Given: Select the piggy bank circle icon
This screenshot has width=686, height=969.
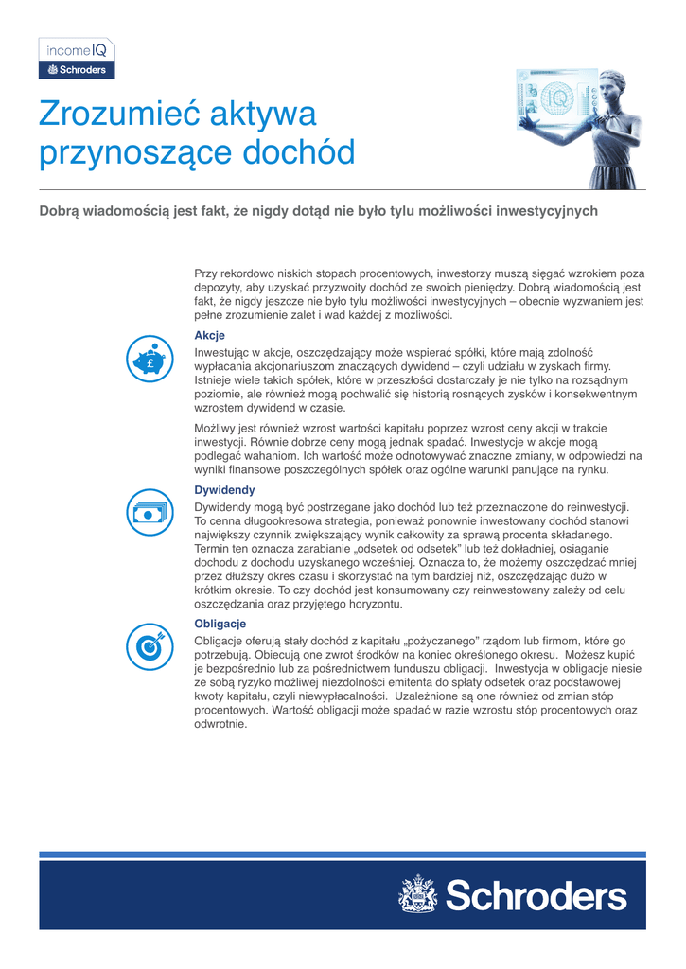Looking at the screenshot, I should click(x=147, y=358).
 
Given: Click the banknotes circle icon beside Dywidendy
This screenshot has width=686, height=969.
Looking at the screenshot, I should click(x=147, y=512).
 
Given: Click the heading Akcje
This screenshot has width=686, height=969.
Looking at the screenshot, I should click(x=209, y=335).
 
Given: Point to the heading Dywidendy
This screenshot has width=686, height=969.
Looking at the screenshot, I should click(x=224, y=490).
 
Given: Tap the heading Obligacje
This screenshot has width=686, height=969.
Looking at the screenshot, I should click(x=220, y=624).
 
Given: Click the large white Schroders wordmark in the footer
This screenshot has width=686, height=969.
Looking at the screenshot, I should click(x=536, y=894).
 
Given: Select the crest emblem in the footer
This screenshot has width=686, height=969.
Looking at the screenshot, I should click(x=416, y=894).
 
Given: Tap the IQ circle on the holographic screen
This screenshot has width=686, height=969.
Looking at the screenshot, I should click(x=556, y=96).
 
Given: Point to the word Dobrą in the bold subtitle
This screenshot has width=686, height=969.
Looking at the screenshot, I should click(x=62, y=211).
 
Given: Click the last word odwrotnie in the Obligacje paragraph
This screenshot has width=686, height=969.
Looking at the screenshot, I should click(x=220, y=724).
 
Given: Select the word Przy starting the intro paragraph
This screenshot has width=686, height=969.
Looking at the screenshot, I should click(x=206, y=273).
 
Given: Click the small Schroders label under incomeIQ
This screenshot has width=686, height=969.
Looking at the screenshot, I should click(x=77, y=70).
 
